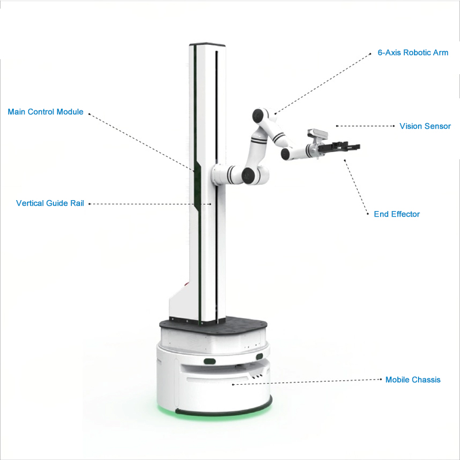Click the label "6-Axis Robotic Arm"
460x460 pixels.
coord(413,53)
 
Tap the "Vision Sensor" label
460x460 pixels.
coord(425,126)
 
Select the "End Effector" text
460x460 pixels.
coord(397,214)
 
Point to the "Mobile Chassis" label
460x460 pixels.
coord(413,379)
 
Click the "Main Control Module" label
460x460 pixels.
coord(45,112)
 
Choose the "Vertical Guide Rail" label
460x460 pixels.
coord(50,204)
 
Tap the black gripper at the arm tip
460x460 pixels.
coord(339,147)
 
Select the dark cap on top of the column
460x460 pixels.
coord(207,45)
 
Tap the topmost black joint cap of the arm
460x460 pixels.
coord(258,116)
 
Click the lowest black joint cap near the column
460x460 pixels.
coord(248,176)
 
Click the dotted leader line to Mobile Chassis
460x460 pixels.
coord(307,382)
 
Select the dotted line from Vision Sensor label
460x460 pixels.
coord(365,126)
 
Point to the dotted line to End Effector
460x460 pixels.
coord(356,187)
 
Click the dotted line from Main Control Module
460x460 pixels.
coord(141,141)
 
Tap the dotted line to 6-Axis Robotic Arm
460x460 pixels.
coord(323,83)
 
